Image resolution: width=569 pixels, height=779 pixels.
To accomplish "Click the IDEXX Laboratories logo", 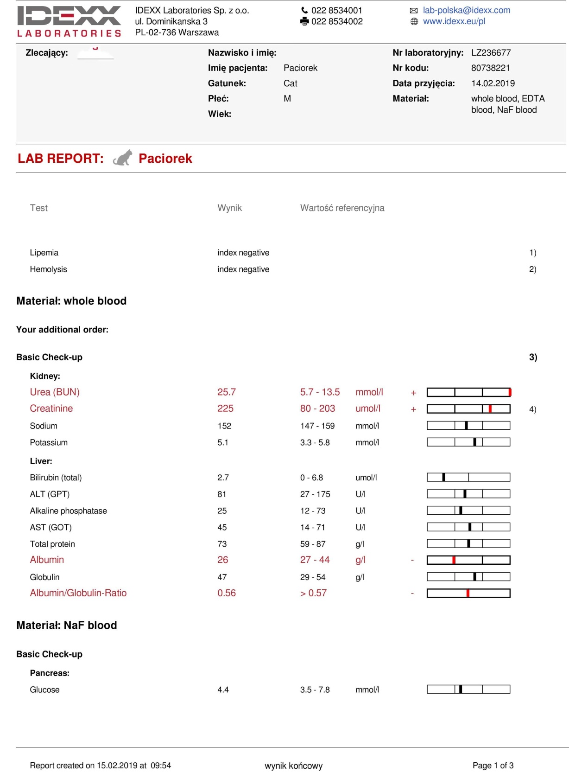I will coord(69,21).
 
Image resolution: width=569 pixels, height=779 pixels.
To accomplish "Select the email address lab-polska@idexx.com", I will coord(466,10).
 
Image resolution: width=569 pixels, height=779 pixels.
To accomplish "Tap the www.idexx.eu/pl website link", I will coord(454,21).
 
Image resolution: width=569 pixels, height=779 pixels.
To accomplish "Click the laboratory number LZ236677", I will coord(491,53).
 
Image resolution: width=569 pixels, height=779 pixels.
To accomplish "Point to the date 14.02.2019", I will coord(493,83).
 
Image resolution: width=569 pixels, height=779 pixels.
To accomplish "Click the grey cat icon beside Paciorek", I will coord(123,158).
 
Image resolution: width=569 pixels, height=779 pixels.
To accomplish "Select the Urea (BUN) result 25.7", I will coord(227,392).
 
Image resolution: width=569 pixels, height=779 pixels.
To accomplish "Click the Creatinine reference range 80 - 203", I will coord(317,409).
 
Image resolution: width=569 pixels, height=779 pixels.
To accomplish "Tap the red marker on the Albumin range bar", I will coord(454,560).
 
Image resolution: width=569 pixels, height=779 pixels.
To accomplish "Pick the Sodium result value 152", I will coord(224,426).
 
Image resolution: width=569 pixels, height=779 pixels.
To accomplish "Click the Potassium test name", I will coord(49,442).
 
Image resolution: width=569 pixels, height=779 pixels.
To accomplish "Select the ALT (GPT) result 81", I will coord(222,494).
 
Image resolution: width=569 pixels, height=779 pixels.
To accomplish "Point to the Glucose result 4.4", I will coord(223,690).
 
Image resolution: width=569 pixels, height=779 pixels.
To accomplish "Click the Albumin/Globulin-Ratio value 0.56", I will coord(227,593).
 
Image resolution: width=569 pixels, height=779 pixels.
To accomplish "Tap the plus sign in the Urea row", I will coord(413,393).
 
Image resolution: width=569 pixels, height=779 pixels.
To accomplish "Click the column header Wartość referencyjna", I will coord(342,208).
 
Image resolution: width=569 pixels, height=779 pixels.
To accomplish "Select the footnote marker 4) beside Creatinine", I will coord(532,409).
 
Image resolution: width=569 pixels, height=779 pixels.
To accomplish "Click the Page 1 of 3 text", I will coord(493,766).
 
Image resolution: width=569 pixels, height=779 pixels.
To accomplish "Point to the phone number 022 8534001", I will coord(336,10).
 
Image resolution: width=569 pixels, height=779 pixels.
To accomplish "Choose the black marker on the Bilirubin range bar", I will coord(444,477).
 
